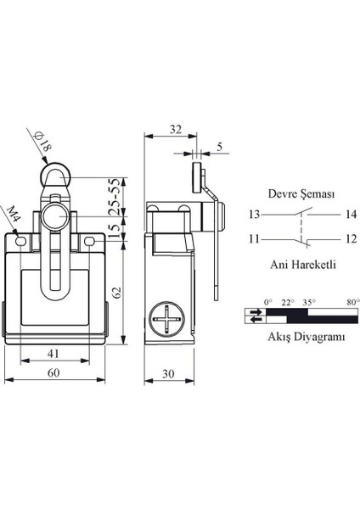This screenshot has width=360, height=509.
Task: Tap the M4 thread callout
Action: tap(14, 213)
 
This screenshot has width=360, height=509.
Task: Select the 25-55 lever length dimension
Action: tap(115, 197)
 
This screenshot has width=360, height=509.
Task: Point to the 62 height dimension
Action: tap(117, 292)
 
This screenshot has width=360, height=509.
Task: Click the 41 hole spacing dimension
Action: tap(53, 353)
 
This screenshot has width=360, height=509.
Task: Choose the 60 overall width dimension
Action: tap(53, 372)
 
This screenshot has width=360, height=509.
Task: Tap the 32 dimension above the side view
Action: tap(176, 129)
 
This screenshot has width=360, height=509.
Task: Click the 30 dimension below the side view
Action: tap(168, 373)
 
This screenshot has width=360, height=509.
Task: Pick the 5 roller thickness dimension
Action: tap(220, 147)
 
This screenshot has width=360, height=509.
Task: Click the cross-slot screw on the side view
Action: tap(167, 319)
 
